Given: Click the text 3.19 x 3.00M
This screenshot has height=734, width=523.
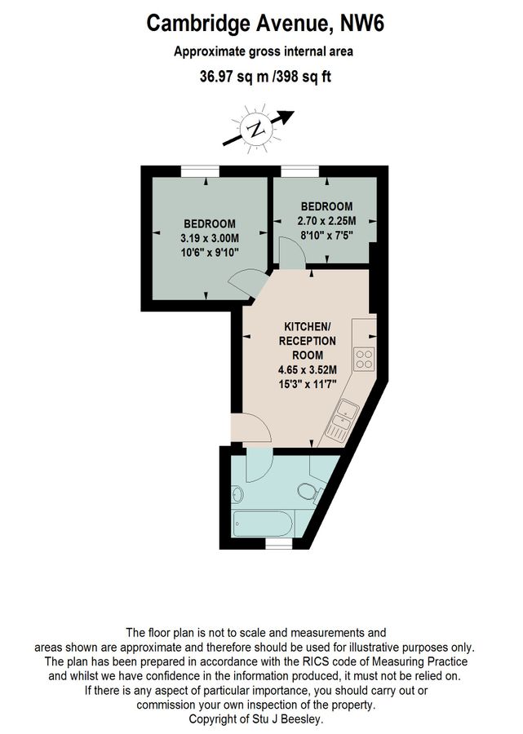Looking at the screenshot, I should pos(210,237).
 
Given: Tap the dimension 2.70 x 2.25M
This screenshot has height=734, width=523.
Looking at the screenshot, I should pos(326,219).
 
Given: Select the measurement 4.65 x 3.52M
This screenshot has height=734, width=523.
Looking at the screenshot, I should pos(301,369).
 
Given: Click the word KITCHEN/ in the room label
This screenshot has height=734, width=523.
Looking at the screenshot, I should pos(301,325).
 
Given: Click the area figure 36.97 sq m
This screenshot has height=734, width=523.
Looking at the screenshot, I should pos(233,77).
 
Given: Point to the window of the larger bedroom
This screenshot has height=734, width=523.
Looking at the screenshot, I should pos(201,170).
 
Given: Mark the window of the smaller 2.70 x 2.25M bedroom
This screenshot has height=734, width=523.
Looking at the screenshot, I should pos(303,170).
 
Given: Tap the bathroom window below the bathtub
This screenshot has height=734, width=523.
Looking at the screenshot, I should pos(278,542).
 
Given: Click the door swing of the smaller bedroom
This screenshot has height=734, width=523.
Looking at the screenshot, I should pos(290,250).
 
